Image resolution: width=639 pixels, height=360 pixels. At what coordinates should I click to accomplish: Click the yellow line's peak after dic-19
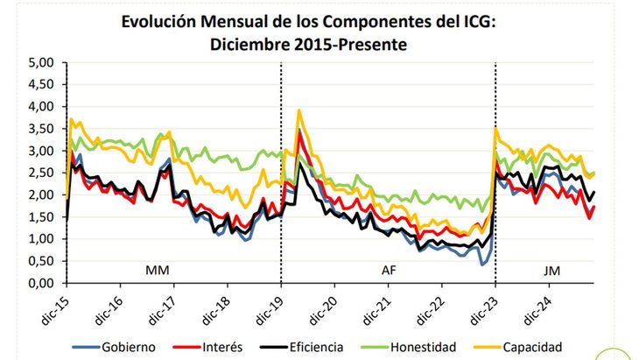click(x=299, y=110)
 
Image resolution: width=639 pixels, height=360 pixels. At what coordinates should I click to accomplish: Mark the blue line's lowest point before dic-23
click(x=481, y=264)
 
